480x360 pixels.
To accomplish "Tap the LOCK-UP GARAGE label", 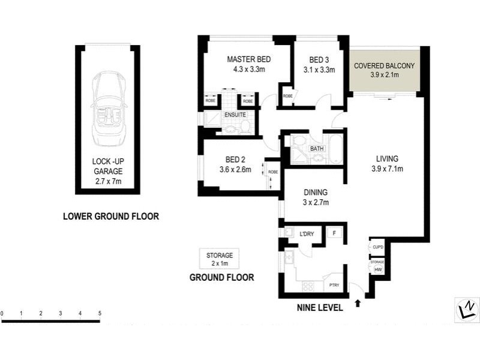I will click(x=108, y=171).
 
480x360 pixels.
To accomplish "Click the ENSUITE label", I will click(x=235, y=115).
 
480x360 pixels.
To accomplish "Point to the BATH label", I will click(x=317, y=148).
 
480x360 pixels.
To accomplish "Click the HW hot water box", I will click(x=378, y=270).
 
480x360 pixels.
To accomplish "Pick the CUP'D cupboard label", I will click(x=378, y=247).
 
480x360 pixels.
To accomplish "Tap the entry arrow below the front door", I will click(x=358, y=303).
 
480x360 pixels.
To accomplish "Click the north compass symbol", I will click(x=466, y=310).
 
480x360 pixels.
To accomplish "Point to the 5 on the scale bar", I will click(x=100, y=313).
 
